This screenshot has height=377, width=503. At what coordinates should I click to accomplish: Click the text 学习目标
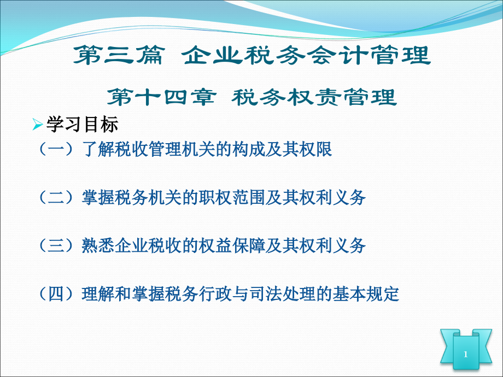pyautogui.click(x=82, y=126)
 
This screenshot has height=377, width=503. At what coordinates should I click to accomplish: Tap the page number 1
pyautogui.click(x=466, y=355)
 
